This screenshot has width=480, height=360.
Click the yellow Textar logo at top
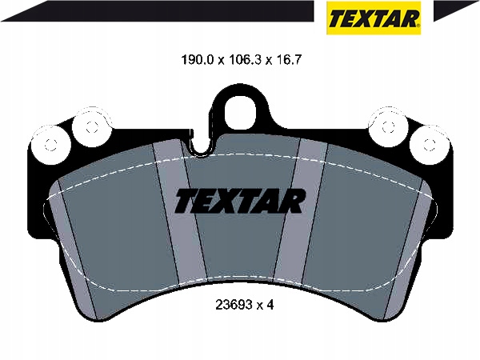point(374,18)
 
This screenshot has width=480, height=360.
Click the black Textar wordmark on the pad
point(240,201)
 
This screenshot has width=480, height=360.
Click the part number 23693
point(234,305)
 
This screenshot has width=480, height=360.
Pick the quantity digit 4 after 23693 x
point(270,305)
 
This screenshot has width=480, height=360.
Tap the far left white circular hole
point(50,145)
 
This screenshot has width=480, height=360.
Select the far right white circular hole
point(429,145)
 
